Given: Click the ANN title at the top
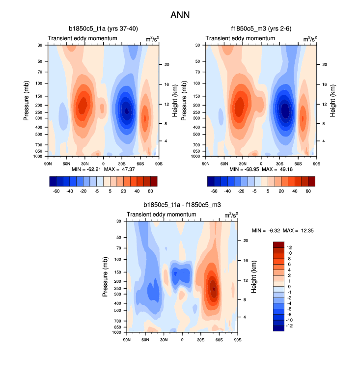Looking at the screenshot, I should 180,15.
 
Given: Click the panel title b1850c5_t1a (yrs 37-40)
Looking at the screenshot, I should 103,29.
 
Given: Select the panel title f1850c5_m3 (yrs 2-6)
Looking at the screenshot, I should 261,29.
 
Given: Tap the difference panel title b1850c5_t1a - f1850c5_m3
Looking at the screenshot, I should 182,205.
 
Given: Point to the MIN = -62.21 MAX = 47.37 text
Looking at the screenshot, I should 103,169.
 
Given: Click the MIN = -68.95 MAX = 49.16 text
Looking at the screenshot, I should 261,169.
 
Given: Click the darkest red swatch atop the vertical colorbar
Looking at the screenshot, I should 278,244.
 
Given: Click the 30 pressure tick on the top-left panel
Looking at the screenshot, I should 39,45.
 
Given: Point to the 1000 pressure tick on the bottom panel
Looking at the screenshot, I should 117,333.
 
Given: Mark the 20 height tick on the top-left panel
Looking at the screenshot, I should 166,64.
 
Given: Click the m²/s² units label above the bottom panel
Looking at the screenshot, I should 229,215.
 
